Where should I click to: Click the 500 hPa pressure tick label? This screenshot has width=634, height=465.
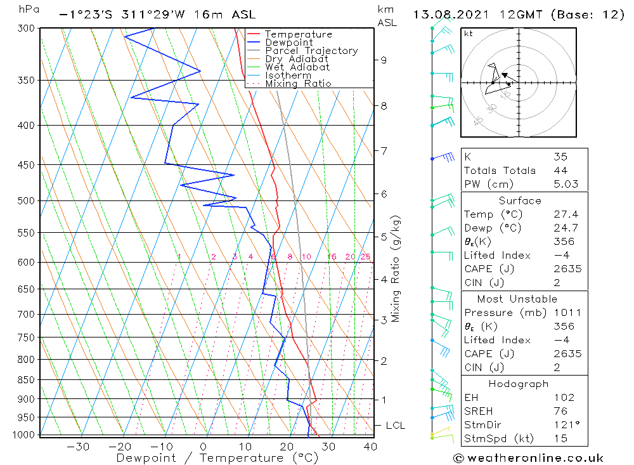click(26, 200)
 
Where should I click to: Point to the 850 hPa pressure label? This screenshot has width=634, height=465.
click(26, 379)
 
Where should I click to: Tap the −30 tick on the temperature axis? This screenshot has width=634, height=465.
click(77, 447)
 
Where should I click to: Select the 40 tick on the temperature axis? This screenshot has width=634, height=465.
click(370, 447)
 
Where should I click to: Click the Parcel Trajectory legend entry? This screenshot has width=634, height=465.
click(311, 51)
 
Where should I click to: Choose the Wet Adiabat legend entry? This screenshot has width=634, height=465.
click(297, 67)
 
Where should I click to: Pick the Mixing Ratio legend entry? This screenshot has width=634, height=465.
click(298, 84)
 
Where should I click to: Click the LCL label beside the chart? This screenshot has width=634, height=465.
click(396, 425)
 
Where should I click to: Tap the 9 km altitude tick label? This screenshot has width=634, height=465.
click(384, 60)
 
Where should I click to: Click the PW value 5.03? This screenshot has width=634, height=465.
click(566, 184)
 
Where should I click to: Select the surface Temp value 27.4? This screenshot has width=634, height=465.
click(566, 214)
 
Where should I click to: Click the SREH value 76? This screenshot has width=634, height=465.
click(560, 411)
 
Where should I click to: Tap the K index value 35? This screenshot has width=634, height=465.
click(560, 157)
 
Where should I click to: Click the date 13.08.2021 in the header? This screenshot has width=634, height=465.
click(451, 15)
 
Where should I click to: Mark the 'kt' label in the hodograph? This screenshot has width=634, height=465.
click(469, 34)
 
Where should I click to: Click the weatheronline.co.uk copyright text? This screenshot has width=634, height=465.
click(528, 458)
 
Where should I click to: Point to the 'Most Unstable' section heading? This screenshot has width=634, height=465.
click(517, 299)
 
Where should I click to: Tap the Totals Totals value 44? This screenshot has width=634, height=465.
click(560, 171)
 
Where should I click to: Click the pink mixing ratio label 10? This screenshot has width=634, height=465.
click(306, 256)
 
